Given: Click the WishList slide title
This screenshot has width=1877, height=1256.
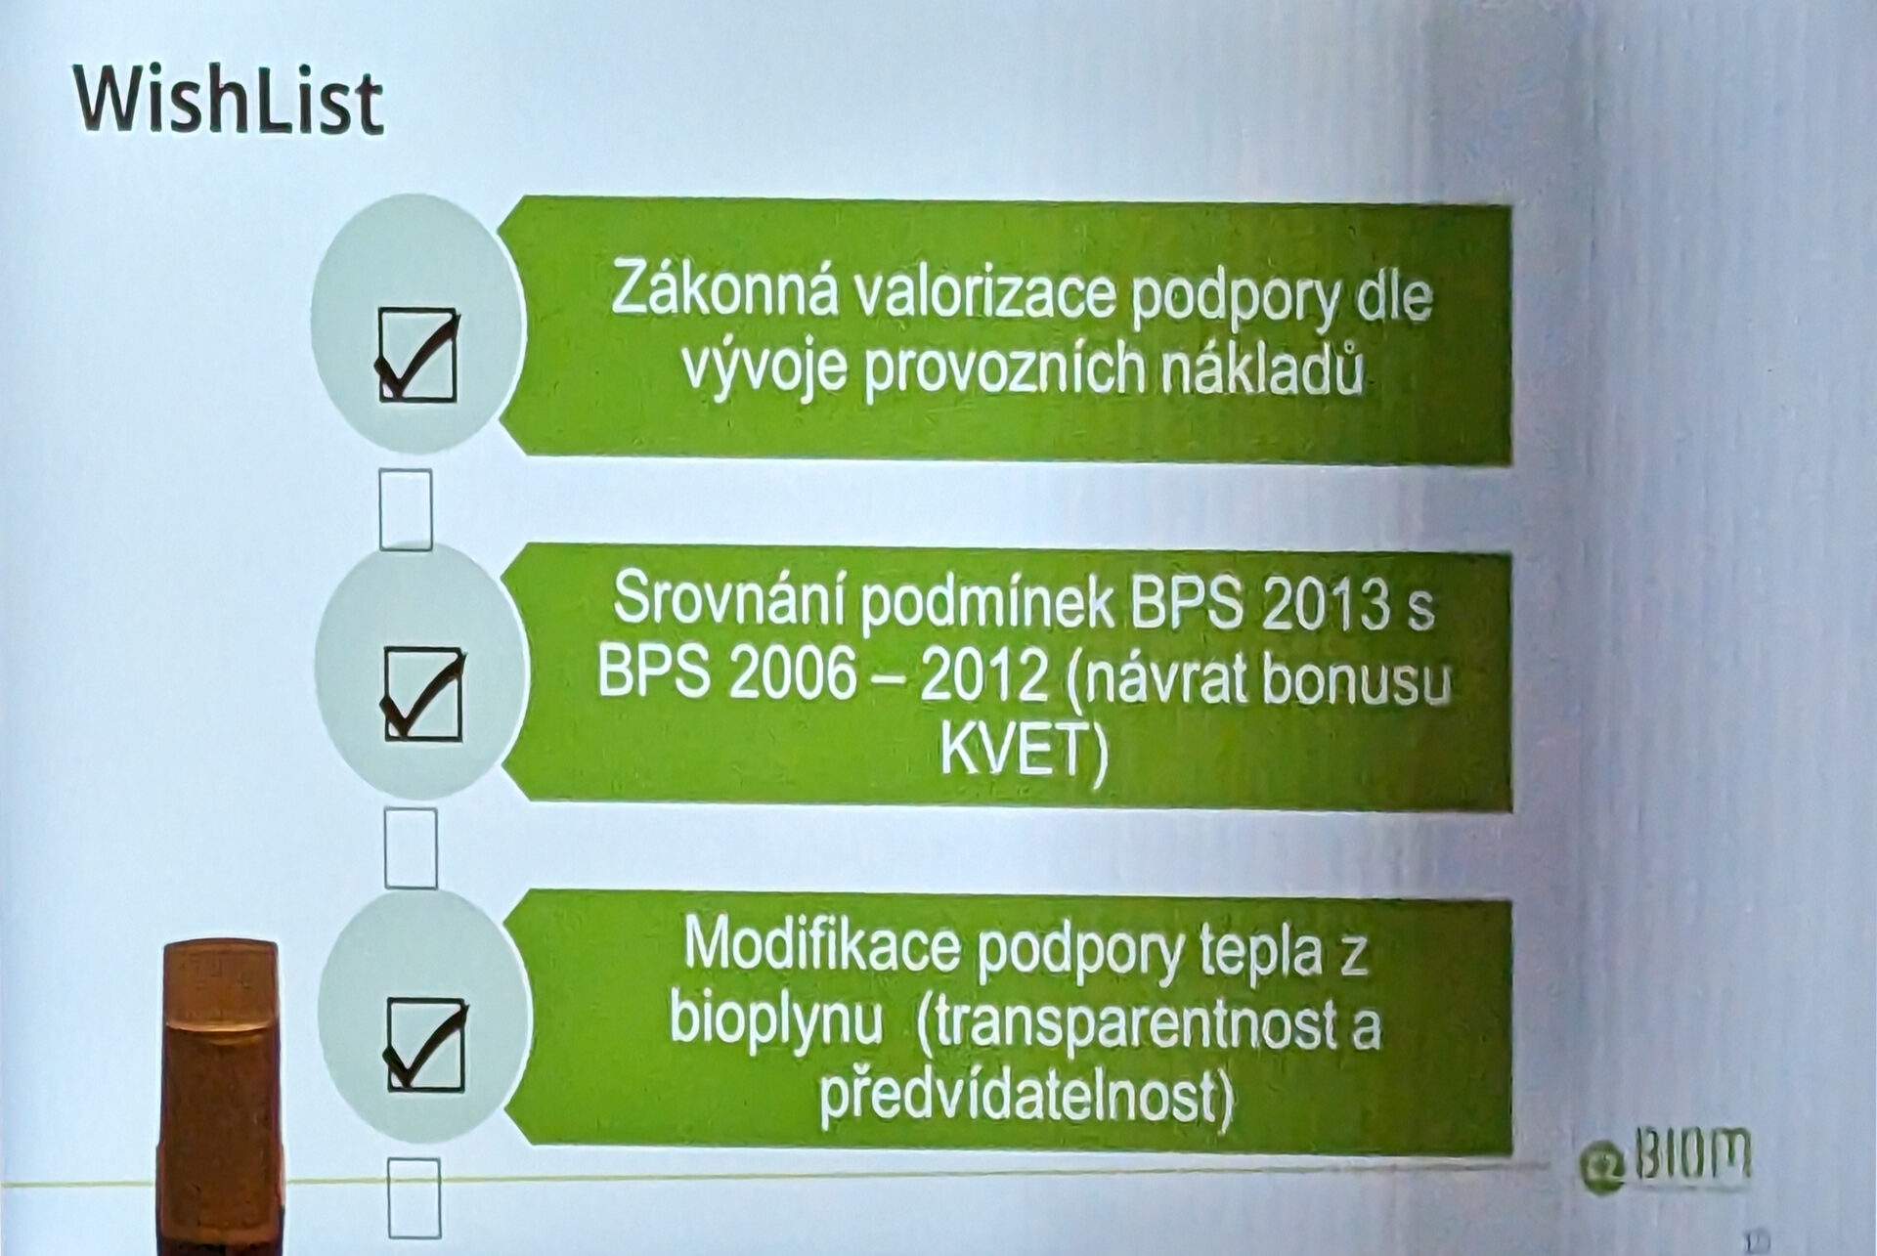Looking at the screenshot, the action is click(228, 101).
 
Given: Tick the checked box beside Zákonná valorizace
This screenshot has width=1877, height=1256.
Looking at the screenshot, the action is click(417, 354).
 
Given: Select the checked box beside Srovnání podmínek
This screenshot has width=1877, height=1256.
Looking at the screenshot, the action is click(422, 693).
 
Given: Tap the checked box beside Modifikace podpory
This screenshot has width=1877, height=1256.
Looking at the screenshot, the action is click(425, 1042).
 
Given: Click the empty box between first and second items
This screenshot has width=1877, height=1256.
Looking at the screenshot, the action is click(406, 508).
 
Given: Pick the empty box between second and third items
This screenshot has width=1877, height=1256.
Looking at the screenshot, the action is click(411, 847).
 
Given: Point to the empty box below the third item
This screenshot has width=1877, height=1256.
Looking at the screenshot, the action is click(415, 1197).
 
